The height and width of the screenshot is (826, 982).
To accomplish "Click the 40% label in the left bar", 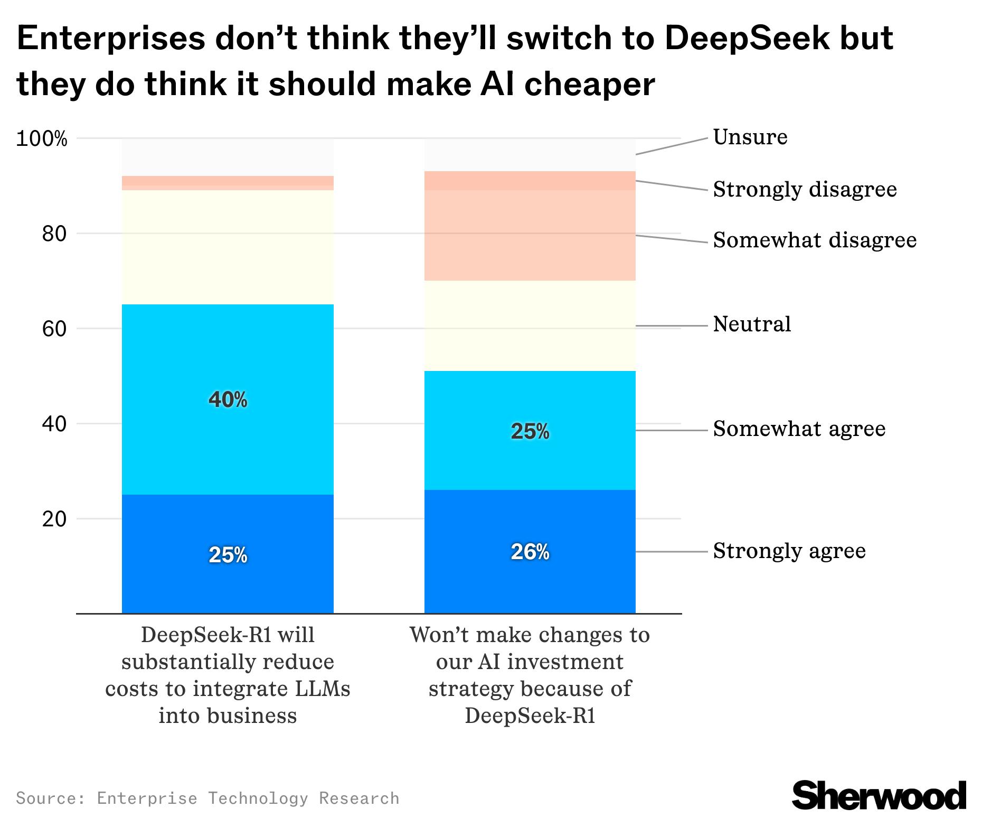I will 228,400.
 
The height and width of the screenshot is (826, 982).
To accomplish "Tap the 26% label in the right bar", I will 530,552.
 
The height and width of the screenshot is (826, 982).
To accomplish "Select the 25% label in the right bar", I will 530,432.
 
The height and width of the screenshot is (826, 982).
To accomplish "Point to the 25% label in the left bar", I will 228,555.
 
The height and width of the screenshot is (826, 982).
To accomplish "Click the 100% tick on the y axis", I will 42,139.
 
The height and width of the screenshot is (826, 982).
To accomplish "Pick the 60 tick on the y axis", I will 54,329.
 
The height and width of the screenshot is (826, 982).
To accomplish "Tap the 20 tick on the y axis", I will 54,519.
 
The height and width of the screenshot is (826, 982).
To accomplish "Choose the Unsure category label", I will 750,137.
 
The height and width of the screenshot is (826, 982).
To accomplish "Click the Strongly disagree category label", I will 805,189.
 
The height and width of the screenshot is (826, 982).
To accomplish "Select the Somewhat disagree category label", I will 815,240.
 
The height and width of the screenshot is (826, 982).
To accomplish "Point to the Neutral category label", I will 752,324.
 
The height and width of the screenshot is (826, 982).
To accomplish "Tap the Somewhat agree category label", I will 799,429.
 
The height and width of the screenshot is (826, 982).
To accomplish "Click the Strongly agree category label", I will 789,551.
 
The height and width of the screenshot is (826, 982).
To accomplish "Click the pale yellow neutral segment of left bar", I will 228,247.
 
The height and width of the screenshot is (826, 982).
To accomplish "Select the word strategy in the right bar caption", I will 470,689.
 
